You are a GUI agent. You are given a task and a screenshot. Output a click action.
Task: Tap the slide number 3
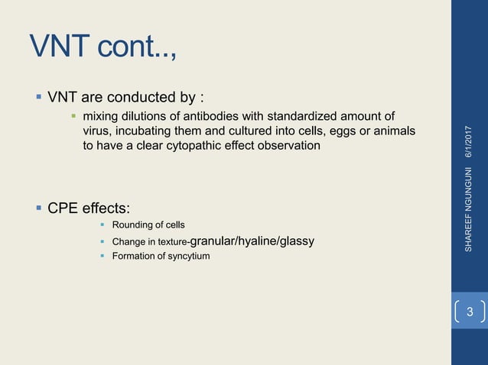click(x=470, y=312)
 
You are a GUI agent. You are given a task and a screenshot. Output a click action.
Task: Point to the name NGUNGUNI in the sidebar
click(x=469, y=191)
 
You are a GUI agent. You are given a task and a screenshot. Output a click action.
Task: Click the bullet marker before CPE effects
click(x=37, y=206)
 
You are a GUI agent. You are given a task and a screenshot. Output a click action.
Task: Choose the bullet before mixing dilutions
click(x=73, y=116)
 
